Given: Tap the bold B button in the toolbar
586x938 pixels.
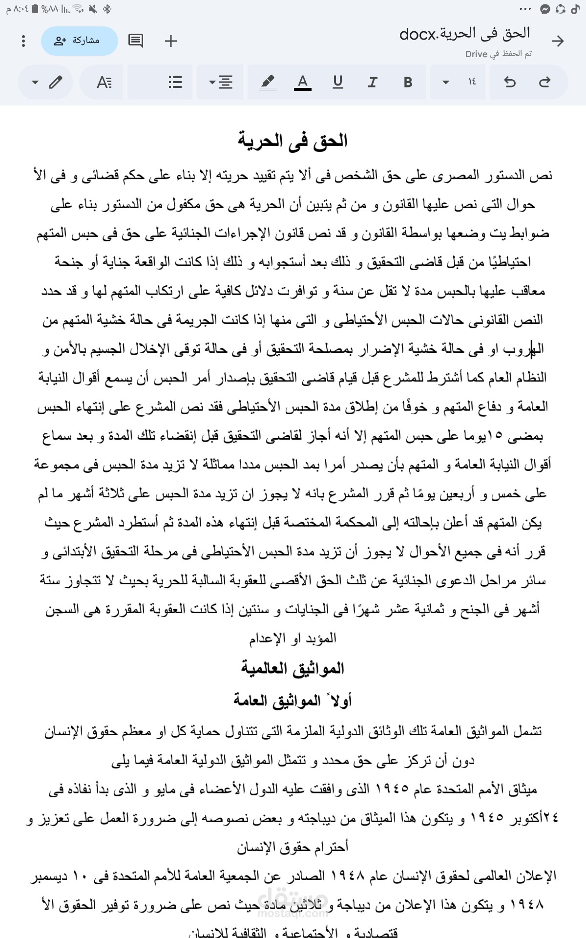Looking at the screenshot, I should [408, 82].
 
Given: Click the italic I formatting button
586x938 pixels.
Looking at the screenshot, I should [373, 82].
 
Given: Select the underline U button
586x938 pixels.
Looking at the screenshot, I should [337, 82].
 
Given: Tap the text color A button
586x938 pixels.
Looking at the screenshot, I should [303, 82].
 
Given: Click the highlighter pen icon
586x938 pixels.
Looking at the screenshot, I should [267, 82].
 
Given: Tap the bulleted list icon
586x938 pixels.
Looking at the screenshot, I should [175, 82].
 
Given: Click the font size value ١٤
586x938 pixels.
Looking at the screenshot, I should [472, 82].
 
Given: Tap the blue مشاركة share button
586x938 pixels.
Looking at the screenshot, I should [79, 41].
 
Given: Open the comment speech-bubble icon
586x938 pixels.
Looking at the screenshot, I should [136, 41].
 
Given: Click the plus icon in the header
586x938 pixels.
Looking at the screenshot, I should [171, 41].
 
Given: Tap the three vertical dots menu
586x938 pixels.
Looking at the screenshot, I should [23, 41].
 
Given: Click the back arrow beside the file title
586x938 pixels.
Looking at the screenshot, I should [558, 41].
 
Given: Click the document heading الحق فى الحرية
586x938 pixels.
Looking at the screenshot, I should [293, 141].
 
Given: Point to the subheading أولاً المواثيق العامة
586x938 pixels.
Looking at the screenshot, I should [293, 701].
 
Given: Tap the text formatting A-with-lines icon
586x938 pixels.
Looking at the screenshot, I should [104, 82].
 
